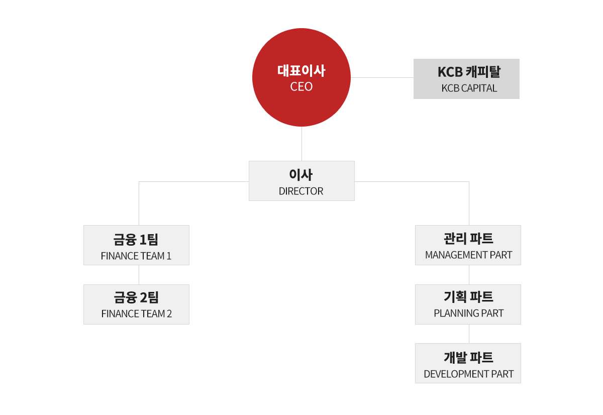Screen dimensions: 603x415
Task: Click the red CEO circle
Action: (301, 77)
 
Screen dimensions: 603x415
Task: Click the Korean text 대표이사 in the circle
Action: (301, 71)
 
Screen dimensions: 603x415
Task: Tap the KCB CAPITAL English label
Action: (469, 88)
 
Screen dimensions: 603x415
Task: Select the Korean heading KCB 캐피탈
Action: (469, 72)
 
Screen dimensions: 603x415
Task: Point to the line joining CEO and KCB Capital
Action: (382, 77)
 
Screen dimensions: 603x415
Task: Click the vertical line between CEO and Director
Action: (301, 144)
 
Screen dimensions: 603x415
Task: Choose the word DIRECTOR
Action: (301, 191)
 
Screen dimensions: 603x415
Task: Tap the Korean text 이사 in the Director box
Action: (301, 175)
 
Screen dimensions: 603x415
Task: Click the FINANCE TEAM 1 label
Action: (136, 256)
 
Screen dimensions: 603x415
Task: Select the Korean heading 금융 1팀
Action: (136, 240)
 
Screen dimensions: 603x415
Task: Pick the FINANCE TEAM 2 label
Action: (137, 314)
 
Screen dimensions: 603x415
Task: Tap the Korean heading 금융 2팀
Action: (137, 297)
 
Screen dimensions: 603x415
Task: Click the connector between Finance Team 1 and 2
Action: (139, 275)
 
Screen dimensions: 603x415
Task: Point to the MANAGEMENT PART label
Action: (468, 255)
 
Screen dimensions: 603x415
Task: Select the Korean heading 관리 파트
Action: (468, 239)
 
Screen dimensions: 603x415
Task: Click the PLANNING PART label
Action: (469, 314)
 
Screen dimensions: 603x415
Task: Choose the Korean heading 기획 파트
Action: (468, 297)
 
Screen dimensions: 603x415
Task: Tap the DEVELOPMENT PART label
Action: (469, 374)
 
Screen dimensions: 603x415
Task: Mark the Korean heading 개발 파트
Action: (468, 358)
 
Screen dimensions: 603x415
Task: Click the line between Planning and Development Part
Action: (469, 334)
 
